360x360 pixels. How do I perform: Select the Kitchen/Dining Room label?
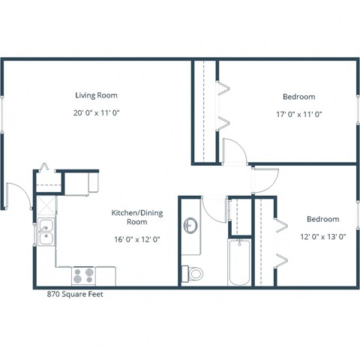click(136, 217)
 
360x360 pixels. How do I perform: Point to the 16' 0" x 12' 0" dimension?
click(136, 239)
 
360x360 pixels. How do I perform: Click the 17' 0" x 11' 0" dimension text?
click(298, 114)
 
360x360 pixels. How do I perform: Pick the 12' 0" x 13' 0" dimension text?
click(322, 237)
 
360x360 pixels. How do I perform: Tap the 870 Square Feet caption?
click(74, 295)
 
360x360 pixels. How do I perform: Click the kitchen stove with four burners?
click(84, 275)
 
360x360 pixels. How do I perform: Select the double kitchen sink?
click(45, 232)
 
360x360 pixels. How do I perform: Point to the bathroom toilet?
click(194, 273)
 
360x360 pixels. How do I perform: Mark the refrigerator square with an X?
click(45, 203)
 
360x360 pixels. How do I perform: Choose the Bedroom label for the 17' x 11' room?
click(298, 97)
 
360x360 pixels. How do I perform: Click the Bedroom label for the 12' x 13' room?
click(322, 219)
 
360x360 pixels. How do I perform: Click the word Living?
click(85, 95)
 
